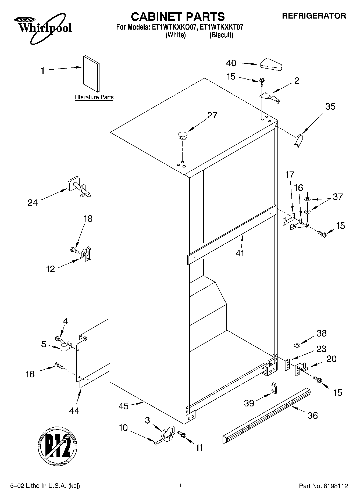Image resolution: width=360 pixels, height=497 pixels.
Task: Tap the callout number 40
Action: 231,63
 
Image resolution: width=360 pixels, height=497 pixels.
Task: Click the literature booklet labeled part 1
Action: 91,74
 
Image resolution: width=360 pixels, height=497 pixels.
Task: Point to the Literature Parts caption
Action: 94,97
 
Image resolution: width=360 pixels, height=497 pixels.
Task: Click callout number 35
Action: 330,106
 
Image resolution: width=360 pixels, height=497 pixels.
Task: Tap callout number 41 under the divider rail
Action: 240,253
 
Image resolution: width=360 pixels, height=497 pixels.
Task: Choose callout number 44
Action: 74,411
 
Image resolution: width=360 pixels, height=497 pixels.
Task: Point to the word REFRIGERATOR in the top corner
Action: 314,16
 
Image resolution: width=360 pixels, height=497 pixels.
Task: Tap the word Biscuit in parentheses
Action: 221,35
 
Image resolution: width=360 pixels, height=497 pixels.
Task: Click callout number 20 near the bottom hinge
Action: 331,359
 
